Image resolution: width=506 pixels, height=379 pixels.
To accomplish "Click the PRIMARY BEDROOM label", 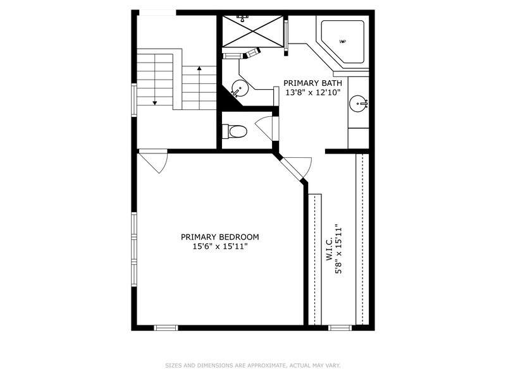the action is tap(219, 238).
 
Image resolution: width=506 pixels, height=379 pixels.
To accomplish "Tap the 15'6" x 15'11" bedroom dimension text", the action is tap(220, 247).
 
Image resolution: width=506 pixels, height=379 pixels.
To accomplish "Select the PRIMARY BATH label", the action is tap(312, 83).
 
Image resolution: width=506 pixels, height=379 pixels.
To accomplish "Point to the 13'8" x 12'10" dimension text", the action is tap(313, 93).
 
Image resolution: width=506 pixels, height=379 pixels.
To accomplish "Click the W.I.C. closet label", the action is tap(329, 249).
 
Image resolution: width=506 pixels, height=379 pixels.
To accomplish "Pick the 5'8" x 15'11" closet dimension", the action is tap(338, 249).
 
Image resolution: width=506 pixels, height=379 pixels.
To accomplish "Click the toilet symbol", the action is tap(235, 131).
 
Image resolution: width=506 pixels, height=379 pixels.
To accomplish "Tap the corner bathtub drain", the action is tap(343, 41).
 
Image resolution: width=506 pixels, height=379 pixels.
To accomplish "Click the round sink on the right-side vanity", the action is tap(358, 104).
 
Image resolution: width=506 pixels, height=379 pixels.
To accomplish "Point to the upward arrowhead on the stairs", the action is tap(199, 68).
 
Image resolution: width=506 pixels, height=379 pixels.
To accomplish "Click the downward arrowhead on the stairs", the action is tap(154, 103).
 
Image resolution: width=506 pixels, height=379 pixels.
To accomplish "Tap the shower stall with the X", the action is tap(252, 31).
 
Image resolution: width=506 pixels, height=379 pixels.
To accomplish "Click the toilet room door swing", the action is tap(265, 128).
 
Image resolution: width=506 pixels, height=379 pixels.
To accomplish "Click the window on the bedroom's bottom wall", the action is tap(166, 328).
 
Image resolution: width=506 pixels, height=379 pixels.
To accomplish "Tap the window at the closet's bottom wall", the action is tap(340, 328).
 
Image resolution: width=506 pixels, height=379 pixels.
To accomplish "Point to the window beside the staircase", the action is tap(134, 100).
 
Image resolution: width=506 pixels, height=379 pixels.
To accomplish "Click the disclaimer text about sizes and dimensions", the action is tap(253, 366).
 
